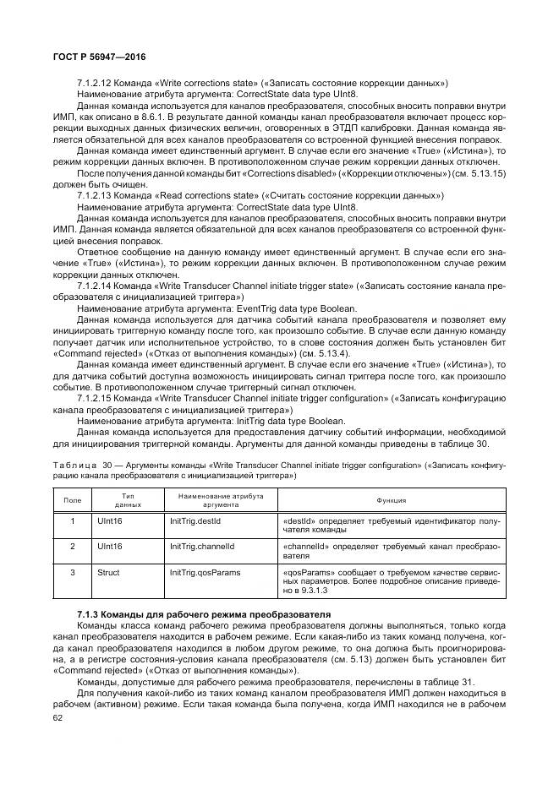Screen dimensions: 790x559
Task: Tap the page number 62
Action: [58, 718]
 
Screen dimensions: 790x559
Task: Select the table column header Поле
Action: [73, 501]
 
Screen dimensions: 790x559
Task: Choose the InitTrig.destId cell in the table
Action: [195, 522]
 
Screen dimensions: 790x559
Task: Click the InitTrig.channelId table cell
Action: [201, 547]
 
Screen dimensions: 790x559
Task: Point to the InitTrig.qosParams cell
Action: [205, 573]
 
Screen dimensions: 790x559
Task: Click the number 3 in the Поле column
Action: [73, 573]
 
